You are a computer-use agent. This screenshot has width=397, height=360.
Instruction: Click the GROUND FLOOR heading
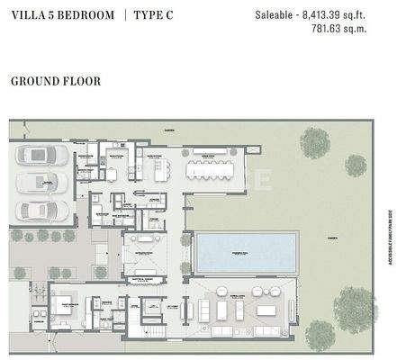click(x=55, y=81)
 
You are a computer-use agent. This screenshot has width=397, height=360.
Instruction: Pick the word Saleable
click(x=275, y=15)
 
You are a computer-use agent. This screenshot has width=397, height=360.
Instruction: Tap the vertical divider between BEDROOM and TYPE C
click(x=124, y=15)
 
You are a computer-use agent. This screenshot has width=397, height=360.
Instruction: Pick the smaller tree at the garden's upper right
click(x=356, y=165)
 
